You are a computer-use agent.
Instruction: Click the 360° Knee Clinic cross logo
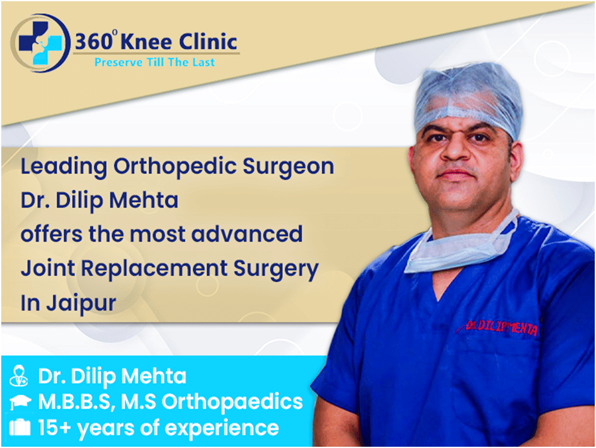(41, 43)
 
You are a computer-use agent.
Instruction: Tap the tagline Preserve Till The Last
(154, 62)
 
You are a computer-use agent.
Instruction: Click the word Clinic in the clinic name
(208, 41)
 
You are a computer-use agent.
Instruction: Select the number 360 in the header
(93, 42)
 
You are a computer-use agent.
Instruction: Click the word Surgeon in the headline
(288, 168)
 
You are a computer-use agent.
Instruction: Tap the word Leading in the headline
(64, 168)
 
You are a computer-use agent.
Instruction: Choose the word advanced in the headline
(247, 233)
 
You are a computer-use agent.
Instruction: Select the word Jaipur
(82, 304)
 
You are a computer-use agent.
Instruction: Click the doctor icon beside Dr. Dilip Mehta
(19, 376)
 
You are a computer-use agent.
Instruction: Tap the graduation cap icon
(20, 402)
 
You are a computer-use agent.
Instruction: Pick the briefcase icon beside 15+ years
(20, 427)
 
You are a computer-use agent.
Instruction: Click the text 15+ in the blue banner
(55, 427)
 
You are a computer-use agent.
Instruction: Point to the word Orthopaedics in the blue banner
(232, 402)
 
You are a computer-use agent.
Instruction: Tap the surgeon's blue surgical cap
(468, 99)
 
